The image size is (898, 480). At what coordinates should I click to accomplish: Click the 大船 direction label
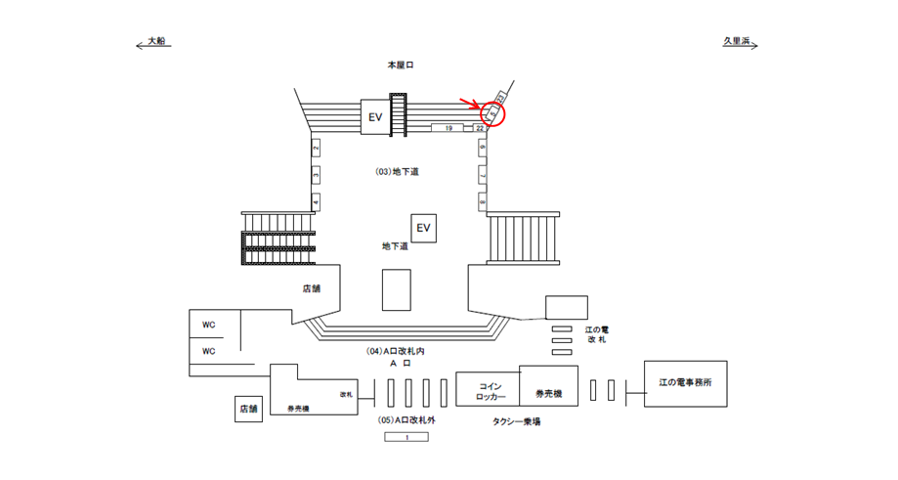tap(156, 42)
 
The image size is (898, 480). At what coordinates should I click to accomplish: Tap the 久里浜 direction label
tap(735, 42)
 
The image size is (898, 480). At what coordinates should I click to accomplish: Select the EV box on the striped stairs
tap(373, 116)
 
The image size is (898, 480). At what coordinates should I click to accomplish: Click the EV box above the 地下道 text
tap(423, 228)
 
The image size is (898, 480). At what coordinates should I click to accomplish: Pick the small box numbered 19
tap(448, 128)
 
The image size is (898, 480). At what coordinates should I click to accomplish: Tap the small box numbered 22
tap(480, 128)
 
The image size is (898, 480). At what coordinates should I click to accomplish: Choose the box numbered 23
tap(501, 97)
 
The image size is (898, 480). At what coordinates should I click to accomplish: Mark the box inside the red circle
tap(494, 114)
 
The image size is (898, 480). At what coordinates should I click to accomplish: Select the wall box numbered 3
tap(316, 175)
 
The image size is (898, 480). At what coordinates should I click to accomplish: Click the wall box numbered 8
tap(482, 201)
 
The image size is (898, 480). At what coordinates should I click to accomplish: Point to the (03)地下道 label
tap(397, 171)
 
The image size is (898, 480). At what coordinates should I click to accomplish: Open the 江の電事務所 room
tap(685, 382)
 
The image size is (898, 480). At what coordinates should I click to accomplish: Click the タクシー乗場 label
tap(517, 421)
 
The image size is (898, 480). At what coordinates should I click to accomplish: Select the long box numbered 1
tap(407, 437)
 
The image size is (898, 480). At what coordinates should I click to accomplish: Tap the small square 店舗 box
tap(247, 408)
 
